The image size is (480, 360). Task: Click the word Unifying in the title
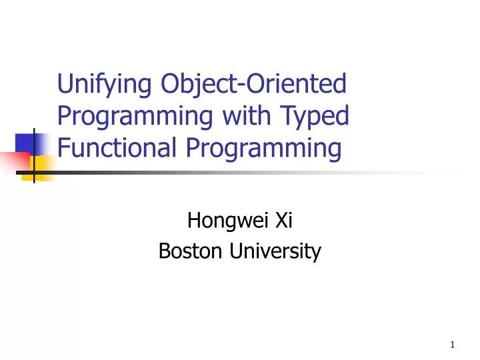pos(107,85)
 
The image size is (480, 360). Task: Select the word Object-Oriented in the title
pos(254,85)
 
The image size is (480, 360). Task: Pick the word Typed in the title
pos(316,117)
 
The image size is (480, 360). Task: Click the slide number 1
pos(453,345)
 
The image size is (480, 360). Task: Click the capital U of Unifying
pos(65,85)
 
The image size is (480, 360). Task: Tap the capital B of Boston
pos(164,251)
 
